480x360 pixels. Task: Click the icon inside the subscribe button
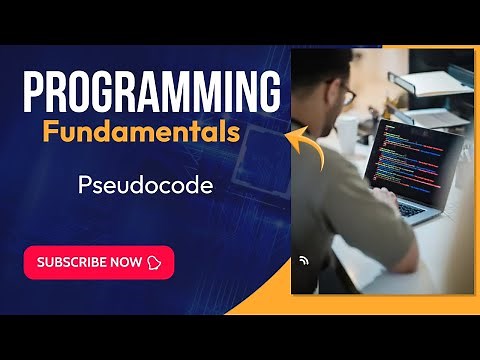(154, 262)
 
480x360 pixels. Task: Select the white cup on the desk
(347, 134)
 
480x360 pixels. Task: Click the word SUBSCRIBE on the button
(75, 262)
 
